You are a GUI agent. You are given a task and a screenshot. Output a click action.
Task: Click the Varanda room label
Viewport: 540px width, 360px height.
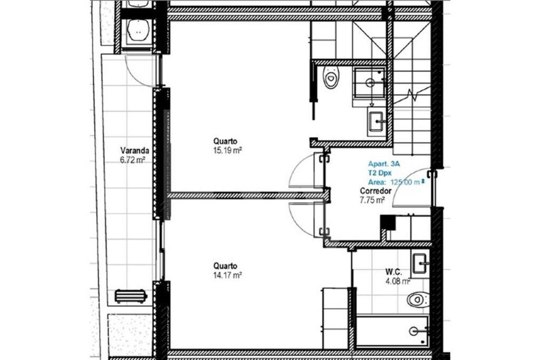click(134, 150)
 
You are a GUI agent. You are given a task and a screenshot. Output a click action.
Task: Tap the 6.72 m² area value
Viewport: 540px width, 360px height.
click(132, 160)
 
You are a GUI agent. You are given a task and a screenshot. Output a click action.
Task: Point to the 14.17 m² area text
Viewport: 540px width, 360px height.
click(227, 275)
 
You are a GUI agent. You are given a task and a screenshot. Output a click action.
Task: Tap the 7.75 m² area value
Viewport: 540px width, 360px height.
click(372, 200)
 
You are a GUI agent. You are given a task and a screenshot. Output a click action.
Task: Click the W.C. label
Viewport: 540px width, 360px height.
click(393, 272)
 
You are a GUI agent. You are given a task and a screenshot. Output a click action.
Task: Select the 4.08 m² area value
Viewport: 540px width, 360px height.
click(398, 281)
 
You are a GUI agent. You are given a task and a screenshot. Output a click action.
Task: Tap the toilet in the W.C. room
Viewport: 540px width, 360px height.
click(418, 299)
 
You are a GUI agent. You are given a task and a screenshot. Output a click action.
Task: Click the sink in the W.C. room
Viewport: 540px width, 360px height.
click(420, 264)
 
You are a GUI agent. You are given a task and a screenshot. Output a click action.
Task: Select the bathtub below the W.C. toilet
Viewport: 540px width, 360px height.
click(392, 330)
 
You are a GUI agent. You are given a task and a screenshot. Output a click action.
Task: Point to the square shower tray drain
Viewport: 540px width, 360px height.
click(370, 83)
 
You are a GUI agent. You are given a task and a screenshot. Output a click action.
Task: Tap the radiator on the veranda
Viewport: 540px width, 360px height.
click(131, 296)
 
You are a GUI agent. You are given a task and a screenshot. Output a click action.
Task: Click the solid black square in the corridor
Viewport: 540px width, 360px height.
click(388, 222)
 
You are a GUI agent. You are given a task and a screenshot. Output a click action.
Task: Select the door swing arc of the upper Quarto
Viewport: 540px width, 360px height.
click(301, 170)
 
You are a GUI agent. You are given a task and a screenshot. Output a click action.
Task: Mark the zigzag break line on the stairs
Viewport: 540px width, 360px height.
click(412, 95)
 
